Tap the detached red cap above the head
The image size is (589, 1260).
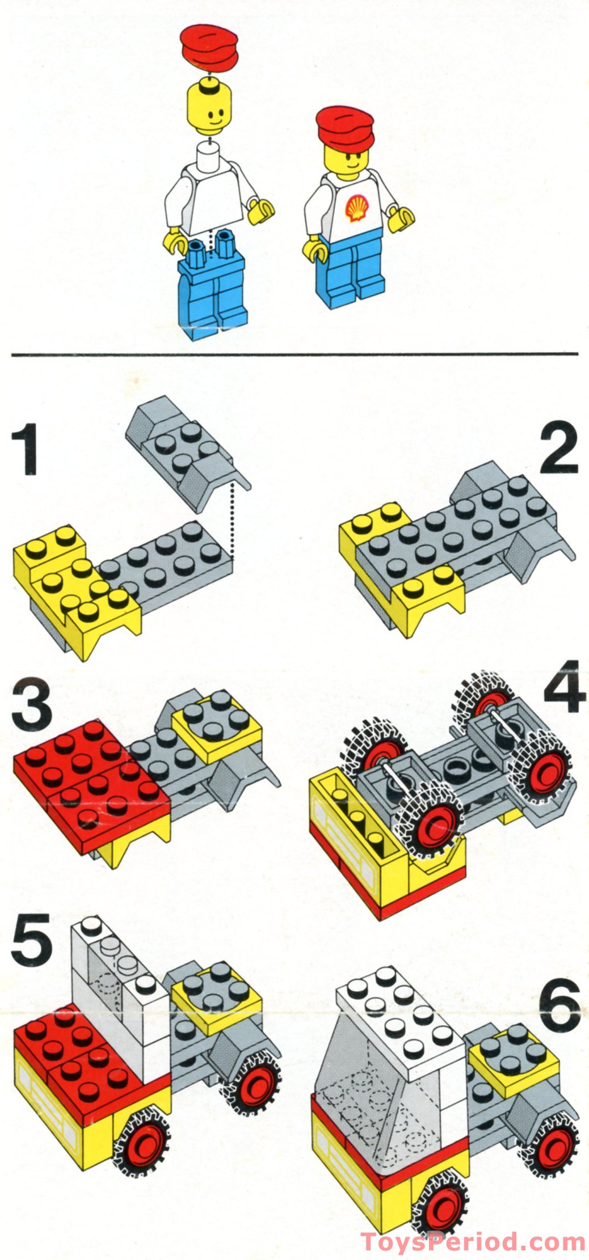coord(209,49)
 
